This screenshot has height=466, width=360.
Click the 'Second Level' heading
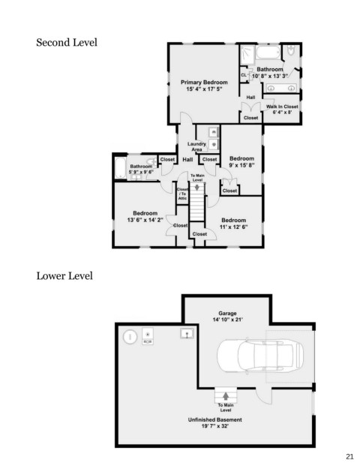67,43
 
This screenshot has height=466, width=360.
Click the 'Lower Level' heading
64,276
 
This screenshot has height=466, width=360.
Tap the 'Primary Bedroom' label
204,83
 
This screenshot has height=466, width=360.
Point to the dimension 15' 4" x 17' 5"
204,89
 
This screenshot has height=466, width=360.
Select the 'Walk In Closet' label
282,107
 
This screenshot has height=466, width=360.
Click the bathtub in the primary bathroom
268,53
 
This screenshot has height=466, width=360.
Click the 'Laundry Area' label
196,146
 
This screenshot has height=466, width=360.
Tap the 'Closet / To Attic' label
182,194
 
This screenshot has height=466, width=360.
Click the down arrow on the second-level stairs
197,188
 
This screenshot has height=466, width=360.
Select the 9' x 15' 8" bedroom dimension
241,165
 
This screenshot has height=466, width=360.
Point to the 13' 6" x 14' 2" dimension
145,220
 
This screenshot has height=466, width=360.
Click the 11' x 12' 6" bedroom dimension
233,227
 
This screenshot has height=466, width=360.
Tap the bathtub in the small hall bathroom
121,168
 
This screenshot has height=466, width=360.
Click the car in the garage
260,356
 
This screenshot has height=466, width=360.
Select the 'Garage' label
227,313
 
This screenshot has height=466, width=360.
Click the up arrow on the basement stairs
226,396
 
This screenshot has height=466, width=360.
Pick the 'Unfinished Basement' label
214,419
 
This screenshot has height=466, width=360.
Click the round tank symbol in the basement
130,338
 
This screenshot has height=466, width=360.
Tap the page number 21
349,456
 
